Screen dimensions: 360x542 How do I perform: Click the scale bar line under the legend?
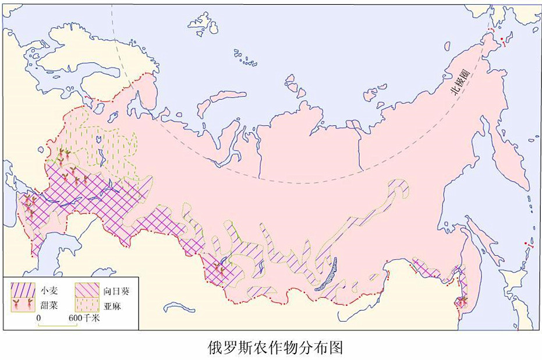(x=58, y=325)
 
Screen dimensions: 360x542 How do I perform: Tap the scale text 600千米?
(x=84, y=318)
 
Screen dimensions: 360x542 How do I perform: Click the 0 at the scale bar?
(x=38, y=318)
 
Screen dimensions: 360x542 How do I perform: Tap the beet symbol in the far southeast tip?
(x=463, y=302)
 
